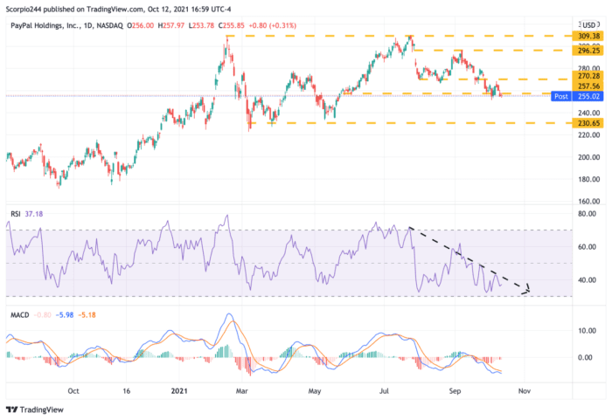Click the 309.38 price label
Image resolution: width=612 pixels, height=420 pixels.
(586, 37)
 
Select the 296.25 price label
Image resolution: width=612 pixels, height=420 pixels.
(586, 51)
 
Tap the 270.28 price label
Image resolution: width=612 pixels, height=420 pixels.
(586, 77)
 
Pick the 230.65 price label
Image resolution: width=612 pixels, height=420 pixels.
(586, 123)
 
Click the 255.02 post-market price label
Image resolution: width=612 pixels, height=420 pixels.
(586, 96)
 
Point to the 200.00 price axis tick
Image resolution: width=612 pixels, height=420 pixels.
(586, 157)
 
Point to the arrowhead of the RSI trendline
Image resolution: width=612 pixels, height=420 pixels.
(527, 290)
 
